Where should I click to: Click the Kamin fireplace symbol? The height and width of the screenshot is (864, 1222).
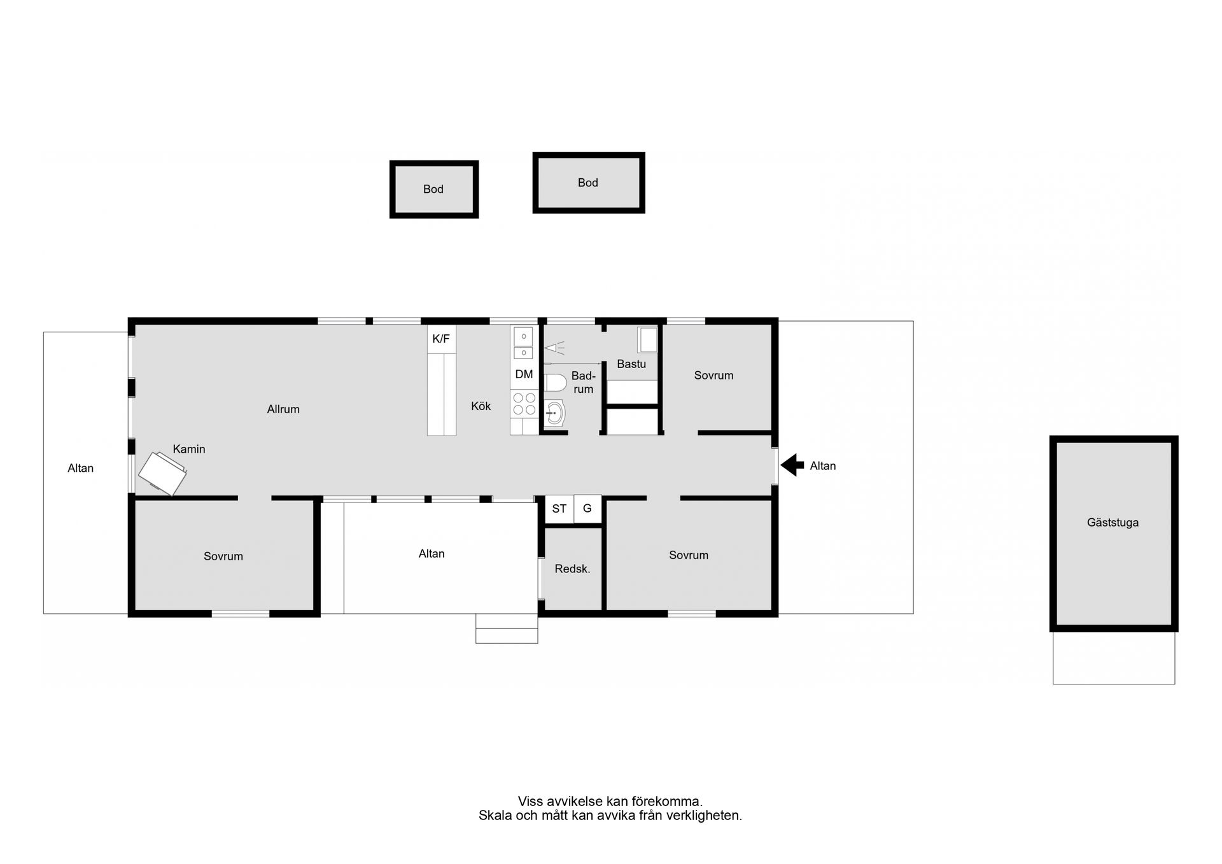tap(162, 474)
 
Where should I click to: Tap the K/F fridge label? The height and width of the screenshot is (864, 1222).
tap(441, 339)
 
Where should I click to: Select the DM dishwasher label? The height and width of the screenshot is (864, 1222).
tap(524, 374)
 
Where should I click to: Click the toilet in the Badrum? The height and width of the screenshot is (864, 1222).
tap(555, 383)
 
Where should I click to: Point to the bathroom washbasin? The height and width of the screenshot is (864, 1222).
tap(554, 413)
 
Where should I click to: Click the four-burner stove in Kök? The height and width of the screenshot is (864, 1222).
tap(524, 404)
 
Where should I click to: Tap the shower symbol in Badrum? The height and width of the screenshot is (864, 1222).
tap(554, 348)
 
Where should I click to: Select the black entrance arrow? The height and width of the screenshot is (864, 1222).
tap(792, 465)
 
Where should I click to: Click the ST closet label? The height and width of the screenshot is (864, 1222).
tap(559, 509)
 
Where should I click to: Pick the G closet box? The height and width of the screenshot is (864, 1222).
tap(587, 509)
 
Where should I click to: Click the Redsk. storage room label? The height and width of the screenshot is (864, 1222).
tap(572, 569)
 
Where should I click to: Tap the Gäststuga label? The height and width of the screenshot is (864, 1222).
tap(1113, 523)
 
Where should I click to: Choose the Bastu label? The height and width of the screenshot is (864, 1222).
tap(631, 364)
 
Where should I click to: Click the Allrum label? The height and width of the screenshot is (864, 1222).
tap(283, 409)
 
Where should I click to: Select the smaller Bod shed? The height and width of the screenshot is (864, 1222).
tap(434, 189)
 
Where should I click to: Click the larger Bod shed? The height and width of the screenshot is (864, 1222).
tap(589, 183)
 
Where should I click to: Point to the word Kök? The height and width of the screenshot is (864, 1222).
tap(481, 406)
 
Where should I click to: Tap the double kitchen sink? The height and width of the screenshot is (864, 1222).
tap(523, 344)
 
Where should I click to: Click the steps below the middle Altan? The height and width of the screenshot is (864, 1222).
tap(507, 628)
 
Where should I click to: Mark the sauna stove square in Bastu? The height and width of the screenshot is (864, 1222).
tap(648, 340)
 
